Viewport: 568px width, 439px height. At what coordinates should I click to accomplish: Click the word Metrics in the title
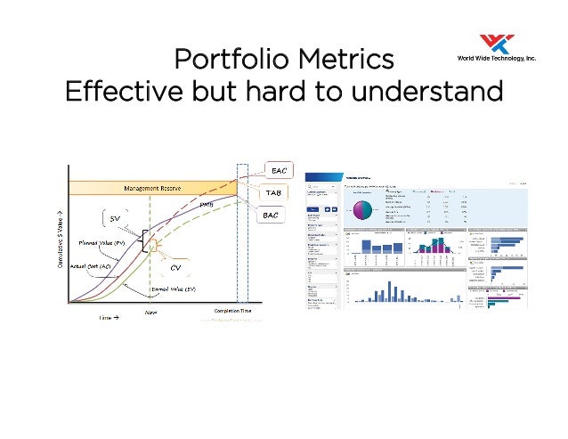point(345,60)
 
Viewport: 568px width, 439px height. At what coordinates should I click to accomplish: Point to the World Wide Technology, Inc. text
point(496,57)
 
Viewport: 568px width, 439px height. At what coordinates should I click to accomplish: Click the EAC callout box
point(278,170)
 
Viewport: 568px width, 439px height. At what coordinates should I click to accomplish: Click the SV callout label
point(115,218)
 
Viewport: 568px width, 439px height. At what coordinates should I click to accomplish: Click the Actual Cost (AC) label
point(92,266)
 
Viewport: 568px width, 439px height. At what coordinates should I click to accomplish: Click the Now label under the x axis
point(151,313)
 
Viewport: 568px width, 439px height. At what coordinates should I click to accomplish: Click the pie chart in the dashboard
point(363,210)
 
